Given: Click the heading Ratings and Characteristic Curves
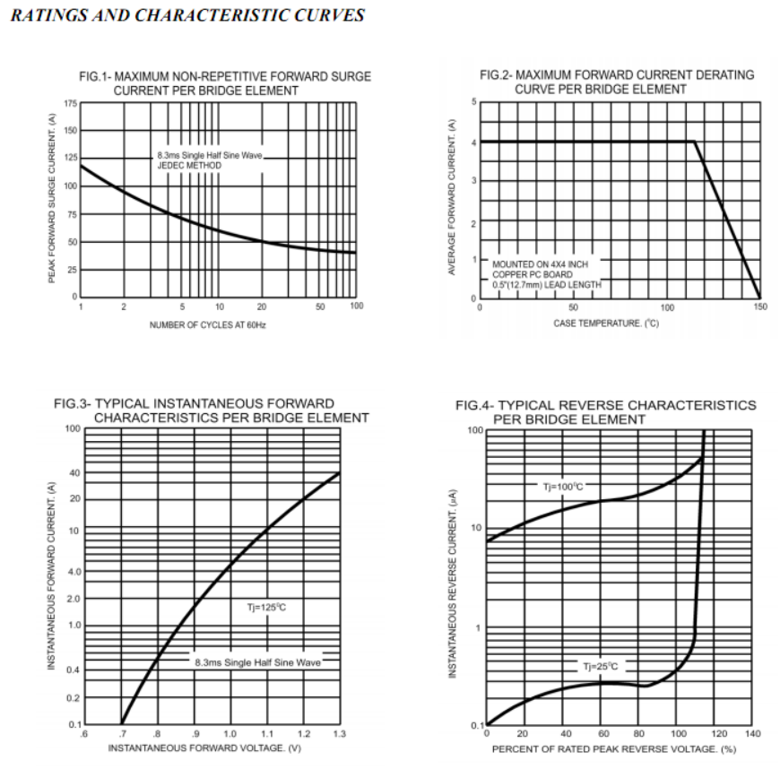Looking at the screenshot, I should coord(187,15).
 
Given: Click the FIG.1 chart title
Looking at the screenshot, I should coord(225,83).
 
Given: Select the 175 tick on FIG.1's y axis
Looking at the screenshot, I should coord(71,104).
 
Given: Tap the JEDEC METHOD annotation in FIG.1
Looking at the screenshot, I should coord(196,165).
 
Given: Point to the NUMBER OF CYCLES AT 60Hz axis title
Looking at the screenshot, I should coord(207,324).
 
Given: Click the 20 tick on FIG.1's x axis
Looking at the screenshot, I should coord(262,307).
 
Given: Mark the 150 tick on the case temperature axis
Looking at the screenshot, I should coord(760,307).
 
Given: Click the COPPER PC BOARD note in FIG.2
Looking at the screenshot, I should coord(533,274).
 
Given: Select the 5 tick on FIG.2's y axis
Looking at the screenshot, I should coord(474,102).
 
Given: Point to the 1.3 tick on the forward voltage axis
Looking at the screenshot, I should coord(339,734).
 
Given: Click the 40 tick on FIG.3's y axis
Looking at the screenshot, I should coord(74,472).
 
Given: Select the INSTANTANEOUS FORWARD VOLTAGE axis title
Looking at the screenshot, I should coord(204,748).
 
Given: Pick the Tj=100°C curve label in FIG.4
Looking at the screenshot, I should coord(563,487).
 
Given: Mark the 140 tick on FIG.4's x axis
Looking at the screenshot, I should coord(752,734).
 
